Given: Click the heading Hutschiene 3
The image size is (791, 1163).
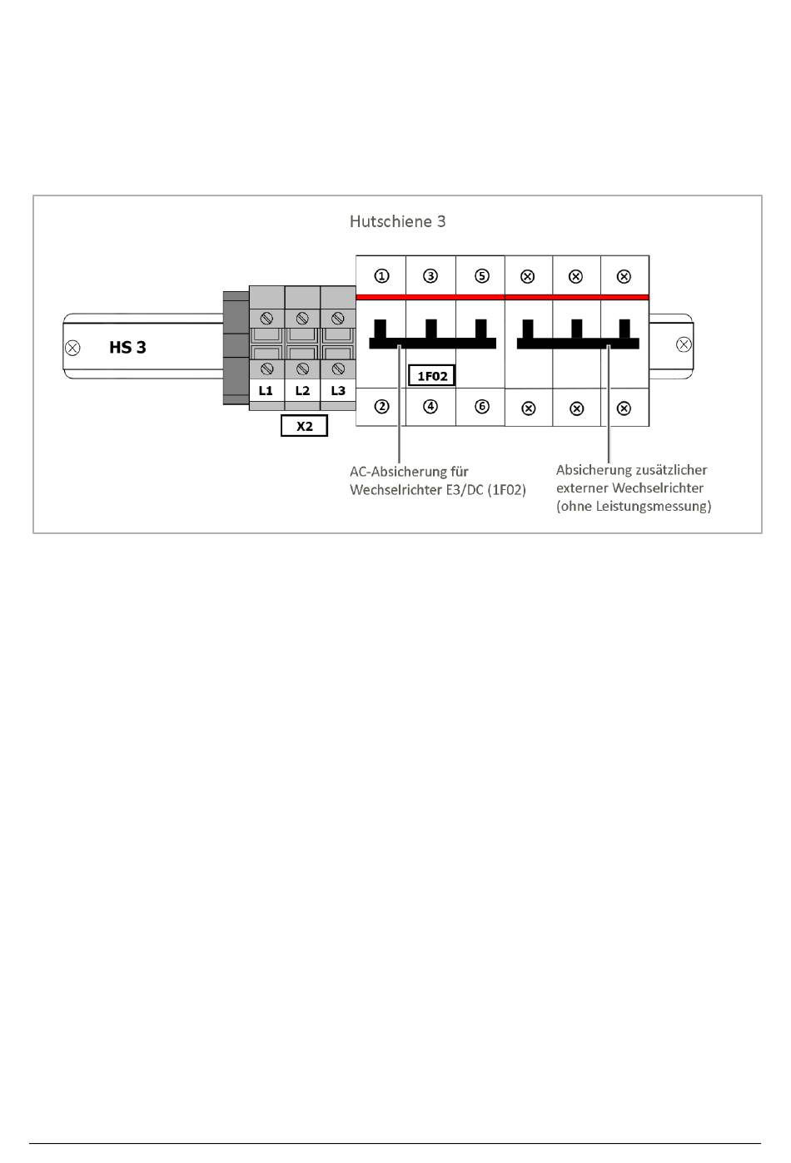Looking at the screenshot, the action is (x=397, y=221).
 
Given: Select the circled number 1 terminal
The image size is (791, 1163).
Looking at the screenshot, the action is (x=381, y=275).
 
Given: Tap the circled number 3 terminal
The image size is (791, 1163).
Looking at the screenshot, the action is (x=430, y=275).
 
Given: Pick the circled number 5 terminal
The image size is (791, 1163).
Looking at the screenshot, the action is (x=482, y=275).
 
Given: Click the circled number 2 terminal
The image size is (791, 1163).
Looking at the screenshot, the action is (x=381, y=406).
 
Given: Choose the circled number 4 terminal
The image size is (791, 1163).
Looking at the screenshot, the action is (x=430, y=406).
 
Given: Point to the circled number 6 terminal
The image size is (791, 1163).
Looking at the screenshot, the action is (x=482, y=406).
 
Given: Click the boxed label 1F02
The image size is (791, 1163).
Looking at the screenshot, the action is (x=432, y=376).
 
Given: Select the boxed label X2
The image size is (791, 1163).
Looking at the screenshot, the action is (x=304, y=426).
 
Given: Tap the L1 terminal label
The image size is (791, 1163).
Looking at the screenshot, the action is (x=266, y=390).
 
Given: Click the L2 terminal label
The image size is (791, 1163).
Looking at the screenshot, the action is (x=302, y=390).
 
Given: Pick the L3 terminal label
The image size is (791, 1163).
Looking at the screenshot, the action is (x=338, y=390).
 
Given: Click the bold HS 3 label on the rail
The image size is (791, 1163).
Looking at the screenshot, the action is (x=127, y=348).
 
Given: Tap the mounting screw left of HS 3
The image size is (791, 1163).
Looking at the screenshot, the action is (x=73, y=348).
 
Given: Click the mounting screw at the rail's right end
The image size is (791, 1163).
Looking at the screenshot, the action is (x=684, y=344).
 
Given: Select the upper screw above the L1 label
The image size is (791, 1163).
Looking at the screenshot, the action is (x=266, y=318).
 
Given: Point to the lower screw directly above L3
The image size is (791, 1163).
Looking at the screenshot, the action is (x=338, y=369).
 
